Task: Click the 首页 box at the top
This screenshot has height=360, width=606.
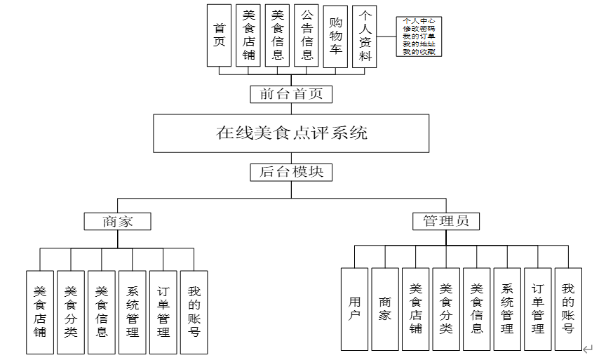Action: click(x=220, y=35)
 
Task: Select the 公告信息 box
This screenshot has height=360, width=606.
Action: click(x=307, y=35)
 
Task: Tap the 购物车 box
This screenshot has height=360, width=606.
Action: click(x=335, y=35)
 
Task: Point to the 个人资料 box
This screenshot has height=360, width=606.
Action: click(x=365, y=36)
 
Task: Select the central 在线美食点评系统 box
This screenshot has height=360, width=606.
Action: click(x=292, y=133)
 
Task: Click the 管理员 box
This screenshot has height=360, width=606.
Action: click(x=445, y=222)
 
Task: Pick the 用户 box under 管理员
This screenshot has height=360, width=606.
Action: click(x=355, y=309)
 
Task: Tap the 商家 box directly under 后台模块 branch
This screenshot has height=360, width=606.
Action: click(x=117, y=222)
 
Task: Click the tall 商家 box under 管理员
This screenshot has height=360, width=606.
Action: click(x=385, y=309)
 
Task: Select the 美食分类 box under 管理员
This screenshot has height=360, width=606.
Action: click(x=446, y=309)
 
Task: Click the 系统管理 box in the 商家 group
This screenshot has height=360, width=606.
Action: click(x=133, y=312)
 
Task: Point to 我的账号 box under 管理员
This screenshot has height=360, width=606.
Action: click(x=568, y=309)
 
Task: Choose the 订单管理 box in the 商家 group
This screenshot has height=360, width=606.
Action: click(x=163, y=312)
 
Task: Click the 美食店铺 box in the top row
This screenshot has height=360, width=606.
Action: click(x=248, y=35)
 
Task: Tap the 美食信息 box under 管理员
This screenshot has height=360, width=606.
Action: click(x=477, y=309)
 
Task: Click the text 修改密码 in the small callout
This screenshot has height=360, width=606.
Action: click(x=418, y=28)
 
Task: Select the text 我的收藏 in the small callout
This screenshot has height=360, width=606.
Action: click(x=418, y=51)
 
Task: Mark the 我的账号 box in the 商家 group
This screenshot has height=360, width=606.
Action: click(x=194, y=312)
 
